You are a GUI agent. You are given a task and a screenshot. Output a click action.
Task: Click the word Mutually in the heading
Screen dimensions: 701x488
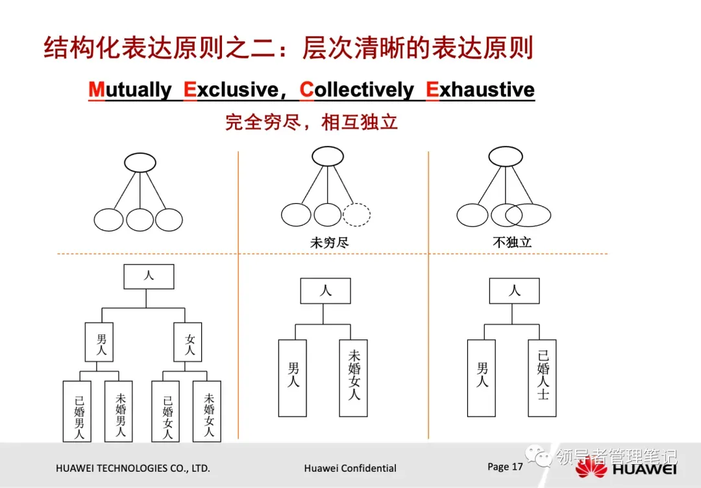click(x=130, y=90)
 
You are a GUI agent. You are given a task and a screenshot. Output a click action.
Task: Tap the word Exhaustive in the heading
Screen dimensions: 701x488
click(x=480, y=90)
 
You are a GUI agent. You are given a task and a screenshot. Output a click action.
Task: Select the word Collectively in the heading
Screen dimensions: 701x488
click(x=356, y=90)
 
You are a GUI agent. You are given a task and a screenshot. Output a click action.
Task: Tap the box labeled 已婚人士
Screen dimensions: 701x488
click(x=542, y=378)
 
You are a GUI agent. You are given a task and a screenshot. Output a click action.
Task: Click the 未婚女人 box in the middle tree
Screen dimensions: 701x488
click(x=353, y=378)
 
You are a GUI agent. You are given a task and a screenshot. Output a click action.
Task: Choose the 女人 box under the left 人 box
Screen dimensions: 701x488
click(x=188, y=342)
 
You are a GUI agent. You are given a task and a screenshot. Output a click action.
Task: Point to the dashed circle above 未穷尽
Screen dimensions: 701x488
click(x=356, y=215)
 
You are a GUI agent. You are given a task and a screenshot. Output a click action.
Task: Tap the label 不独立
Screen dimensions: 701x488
click(x=512, y=243)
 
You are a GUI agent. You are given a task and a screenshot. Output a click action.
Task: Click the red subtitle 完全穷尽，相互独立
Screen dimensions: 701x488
click(x=311, y=121)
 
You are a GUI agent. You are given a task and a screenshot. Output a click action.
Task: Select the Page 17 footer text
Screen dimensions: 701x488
click(x=505, y=467)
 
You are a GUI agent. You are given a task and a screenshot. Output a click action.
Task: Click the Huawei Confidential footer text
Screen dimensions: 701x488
click(x=350, y=468)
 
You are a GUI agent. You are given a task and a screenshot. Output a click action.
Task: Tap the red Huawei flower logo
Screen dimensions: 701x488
click(x=591, y=468)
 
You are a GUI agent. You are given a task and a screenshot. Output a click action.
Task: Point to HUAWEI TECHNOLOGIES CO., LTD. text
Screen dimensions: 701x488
click(x=132, y=468)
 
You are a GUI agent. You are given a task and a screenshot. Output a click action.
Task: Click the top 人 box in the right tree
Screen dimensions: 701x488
click(x=514, y=291)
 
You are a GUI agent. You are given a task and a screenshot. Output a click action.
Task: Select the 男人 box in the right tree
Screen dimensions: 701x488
click(x=482, y=378)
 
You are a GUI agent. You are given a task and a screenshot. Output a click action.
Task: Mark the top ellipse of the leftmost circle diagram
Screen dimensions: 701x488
click(x=140, y=162)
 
